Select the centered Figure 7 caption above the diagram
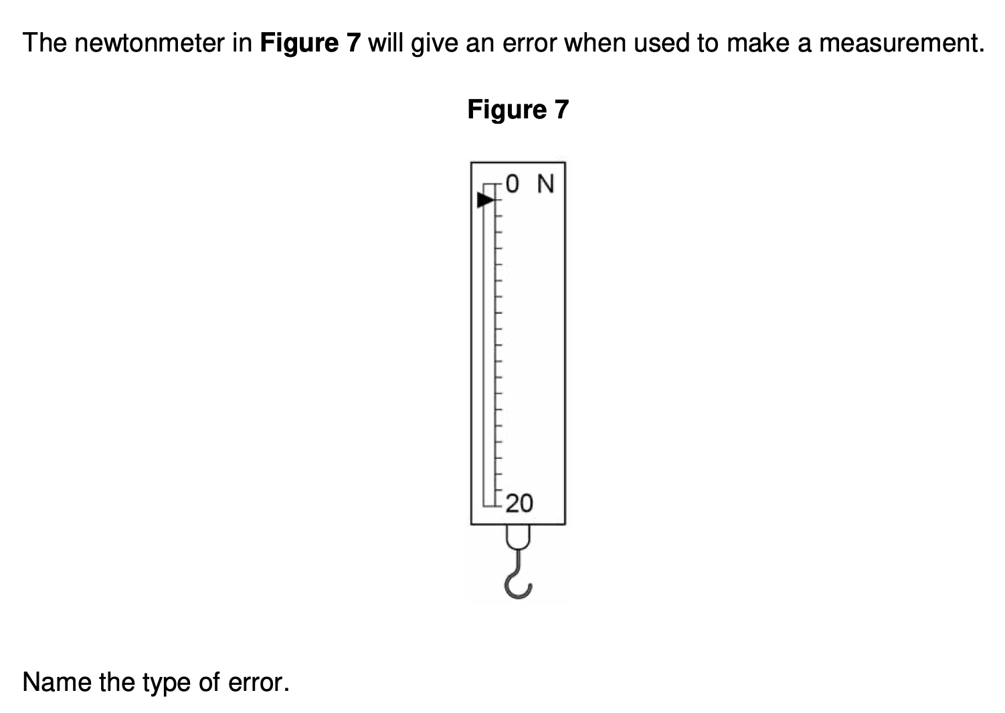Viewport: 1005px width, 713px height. [x=518, y=110]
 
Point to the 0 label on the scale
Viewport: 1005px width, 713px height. [x=512, y=183]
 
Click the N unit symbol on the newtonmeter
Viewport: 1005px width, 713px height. [x=546, y=183]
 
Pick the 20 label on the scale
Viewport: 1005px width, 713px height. [x=519, y=503]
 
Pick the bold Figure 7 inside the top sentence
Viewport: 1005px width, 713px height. [x=310, y=43]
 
